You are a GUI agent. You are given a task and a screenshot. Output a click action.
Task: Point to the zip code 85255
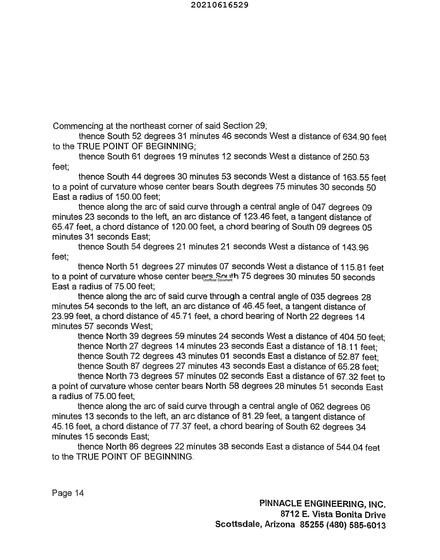pos(312,525)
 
